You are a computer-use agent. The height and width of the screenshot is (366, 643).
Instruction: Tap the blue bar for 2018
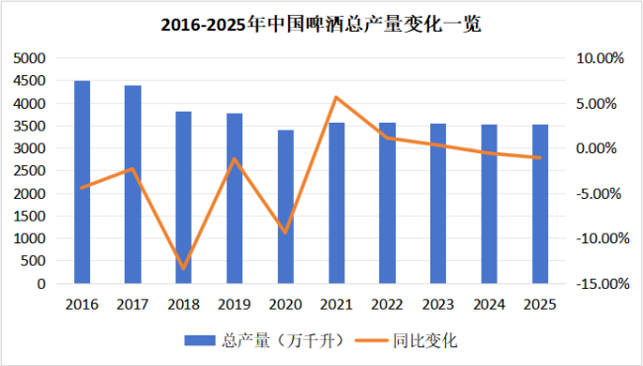tap(184, 198)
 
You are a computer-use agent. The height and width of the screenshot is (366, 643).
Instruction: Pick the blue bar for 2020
tap(286, 207)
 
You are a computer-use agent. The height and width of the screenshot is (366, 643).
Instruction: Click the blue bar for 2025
tap(539, 204)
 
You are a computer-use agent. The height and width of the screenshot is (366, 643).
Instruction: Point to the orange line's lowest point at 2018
tap(184, 268)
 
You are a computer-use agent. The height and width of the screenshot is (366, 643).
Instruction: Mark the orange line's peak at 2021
tap(336, 97)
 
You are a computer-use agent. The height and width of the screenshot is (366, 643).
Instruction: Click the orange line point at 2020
tap(286, 232)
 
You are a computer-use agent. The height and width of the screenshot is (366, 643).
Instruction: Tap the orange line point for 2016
tap(82, 188)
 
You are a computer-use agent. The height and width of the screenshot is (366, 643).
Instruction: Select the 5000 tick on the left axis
tap(29, 58)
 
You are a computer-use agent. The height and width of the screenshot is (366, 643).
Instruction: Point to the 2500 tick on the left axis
tap(29, 171)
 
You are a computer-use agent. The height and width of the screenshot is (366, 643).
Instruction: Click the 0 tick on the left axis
tap(41, 284)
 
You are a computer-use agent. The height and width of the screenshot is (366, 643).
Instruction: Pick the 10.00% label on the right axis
tap(600, 58)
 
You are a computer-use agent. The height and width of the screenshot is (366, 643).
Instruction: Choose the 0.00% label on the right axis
tap(600, 148)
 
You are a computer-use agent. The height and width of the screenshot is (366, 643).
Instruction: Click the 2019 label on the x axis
tap(234, 304)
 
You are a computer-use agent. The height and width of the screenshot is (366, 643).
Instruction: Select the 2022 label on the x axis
tap(387, 304)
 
